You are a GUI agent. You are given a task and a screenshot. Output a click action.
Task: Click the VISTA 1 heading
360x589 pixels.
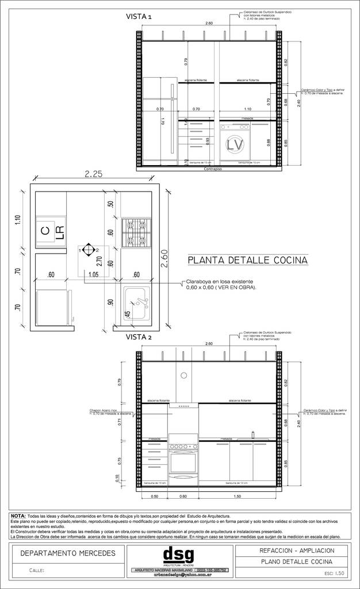click(x=139, y=17)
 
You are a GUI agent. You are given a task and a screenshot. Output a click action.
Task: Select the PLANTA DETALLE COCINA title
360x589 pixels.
click(x=247, y=261)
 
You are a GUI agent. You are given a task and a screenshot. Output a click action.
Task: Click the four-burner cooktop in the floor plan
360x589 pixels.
click(x=136, y=232)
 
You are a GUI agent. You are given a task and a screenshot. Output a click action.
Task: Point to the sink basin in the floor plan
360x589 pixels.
click(x=137, y=303)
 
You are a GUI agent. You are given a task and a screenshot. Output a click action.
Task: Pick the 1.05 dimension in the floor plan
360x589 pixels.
click(x=93, y=275)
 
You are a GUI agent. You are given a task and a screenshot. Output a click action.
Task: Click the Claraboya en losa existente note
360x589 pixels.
click(x=221, y=284)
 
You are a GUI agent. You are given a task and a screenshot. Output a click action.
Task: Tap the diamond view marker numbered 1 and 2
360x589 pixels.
click(x=87, y=250)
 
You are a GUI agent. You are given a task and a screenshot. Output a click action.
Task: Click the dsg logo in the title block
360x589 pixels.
click(x=179, y=555)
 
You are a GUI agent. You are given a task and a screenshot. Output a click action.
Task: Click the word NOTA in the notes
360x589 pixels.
click(x=18, y=516)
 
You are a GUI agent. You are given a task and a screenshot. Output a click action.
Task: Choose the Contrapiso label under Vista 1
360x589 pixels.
click(x=212, y=170)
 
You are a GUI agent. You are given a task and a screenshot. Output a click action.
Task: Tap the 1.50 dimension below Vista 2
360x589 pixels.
click(x=237, y=496)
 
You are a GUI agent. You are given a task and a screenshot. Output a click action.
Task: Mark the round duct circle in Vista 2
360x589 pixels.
click(x=183, y=376)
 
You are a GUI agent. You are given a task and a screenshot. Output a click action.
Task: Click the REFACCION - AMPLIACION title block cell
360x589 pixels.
click(x=293, y=550)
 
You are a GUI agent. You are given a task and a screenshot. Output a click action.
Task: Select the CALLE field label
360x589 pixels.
click(x=37, y=571)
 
